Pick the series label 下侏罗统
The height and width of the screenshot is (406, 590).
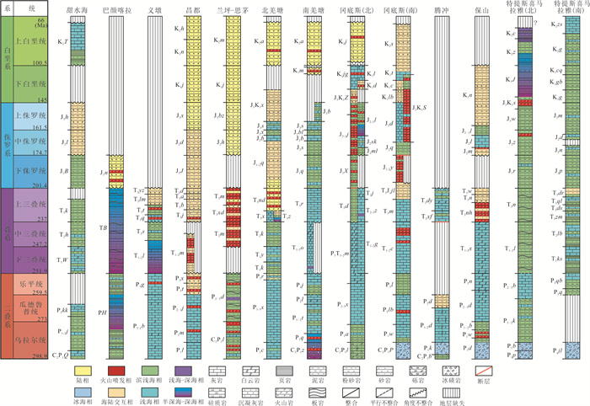point(36,168)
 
